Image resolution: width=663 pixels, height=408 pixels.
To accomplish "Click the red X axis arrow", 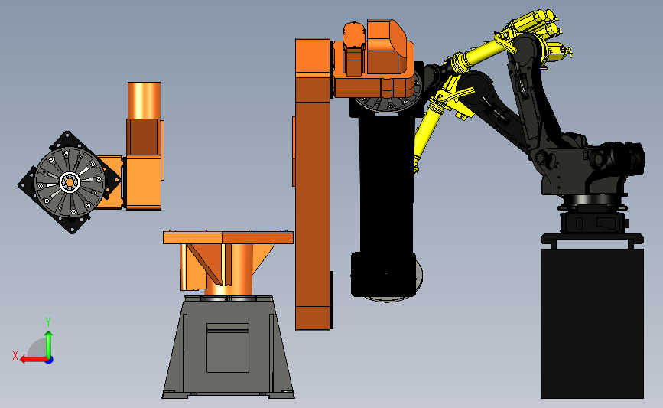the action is pos(34,360).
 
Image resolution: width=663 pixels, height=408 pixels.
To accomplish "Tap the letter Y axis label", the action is pos(48,322).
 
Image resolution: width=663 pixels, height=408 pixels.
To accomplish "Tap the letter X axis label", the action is pos(15,355).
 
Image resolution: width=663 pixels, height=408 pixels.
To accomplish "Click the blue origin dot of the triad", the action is pos(50,361).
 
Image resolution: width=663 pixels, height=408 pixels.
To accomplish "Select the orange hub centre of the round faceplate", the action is pos(69,182).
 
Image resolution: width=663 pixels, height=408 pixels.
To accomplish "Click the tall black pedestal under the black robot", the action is pos(592,323).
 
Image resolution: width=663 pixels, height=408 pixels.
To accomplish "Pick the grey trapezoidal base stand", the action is pos(228,347).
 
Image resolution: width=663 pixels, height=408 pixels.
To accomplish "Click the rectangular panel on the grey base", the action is pos(227,348).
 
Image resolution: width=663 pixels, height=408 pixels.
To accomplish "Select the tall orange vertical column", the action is pos(313,184).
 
